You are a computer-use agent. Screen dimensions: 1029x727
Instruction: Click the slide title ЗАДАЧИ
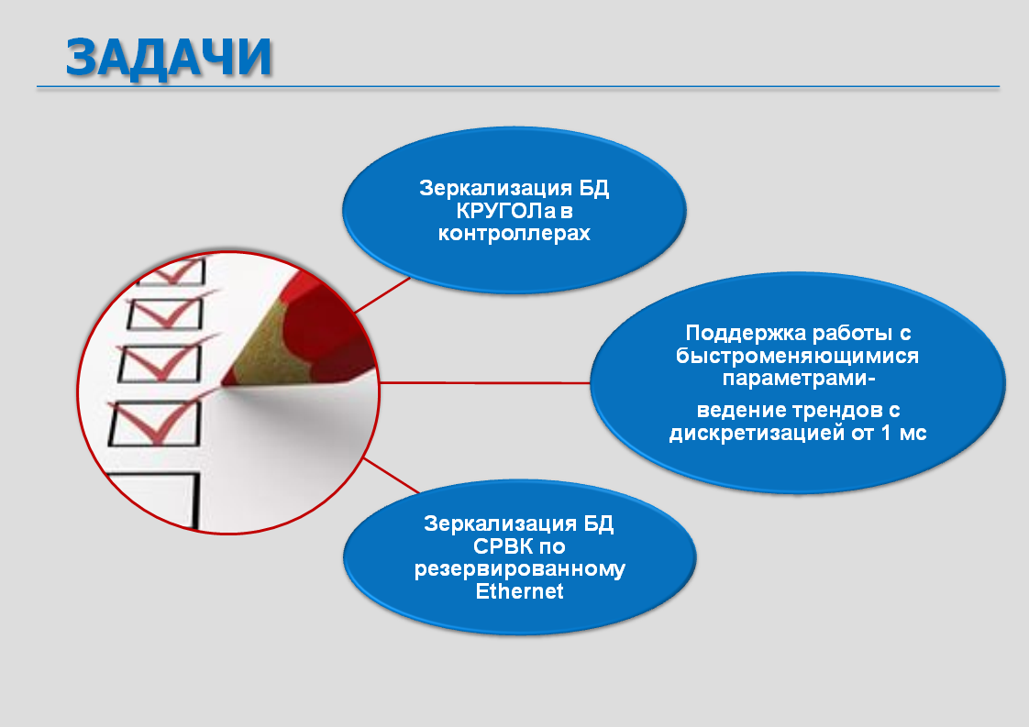170,58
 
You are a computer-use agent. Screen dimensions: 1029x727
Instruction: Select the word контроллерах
514,234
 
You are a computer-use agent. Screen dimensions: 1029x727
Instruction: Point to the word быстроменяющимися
797,357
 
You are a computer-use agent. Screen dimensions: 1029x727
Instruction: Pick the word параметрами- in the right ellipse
799,379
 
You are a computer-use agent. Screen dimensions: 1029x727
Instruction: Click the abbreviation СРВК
503,546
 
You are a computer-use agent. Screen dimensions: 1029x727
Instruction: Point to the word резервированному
519,569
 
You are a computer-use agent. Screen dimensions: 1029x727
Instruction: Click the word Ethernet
519,592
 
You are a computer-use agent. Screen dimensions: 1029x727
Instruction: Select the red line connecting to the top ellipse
382,294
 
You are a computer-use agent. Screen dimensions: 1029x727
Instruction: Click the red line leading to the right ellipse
485,382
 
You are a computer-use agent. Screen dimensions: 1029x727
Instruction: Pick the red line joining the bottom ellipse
391,475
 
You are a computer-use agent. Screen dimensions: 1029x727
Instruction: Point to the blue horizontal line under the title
518,86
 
